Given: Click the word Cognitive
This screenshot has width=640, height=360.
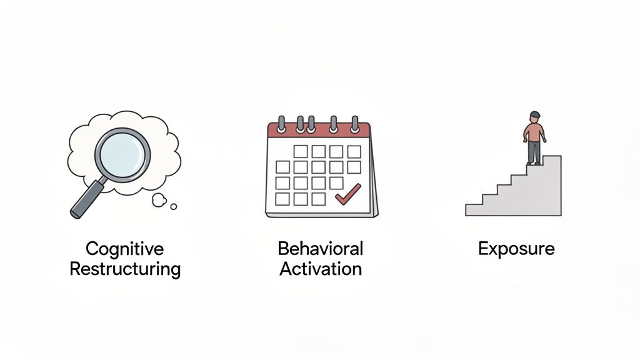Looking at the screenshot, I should [x=124, y=249].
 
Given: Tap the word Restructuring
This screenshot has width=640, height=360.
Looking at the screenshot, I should [x=124, y=269].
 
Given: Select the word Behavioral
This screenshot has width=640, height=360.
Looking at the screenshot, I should [x=320, y=249].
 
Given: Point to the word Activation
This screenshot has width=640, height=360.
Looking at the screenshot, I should [x=320, y=269].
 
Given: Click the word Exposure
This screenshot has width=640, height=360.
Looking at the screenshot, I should [x=516, y=249].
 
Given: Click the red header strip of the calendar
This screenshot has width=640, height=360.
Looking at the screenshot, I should [x=319, y=131].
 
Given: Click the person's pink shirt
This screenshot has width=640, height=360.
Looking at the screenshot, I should [x=534, y=132].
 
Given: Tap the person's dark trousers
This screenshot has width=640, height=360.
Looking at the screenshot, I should [x=534, y=152].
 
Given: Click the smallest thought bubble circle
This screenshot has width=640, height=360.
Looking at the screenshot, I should [x=174, y=206].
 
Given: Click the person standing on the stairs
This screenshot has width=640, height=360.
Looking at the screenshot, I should [x=534, y=137].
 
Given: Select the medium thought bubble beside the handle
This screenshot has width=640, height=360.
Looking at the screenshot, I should [x=159, y=200].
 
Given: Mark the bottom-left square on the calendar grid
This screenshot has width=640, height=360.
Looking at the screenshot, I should [x=282, y=199].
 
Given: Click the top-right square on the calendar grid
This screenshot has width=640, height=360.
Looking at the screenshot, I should [x=354, y=151].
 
